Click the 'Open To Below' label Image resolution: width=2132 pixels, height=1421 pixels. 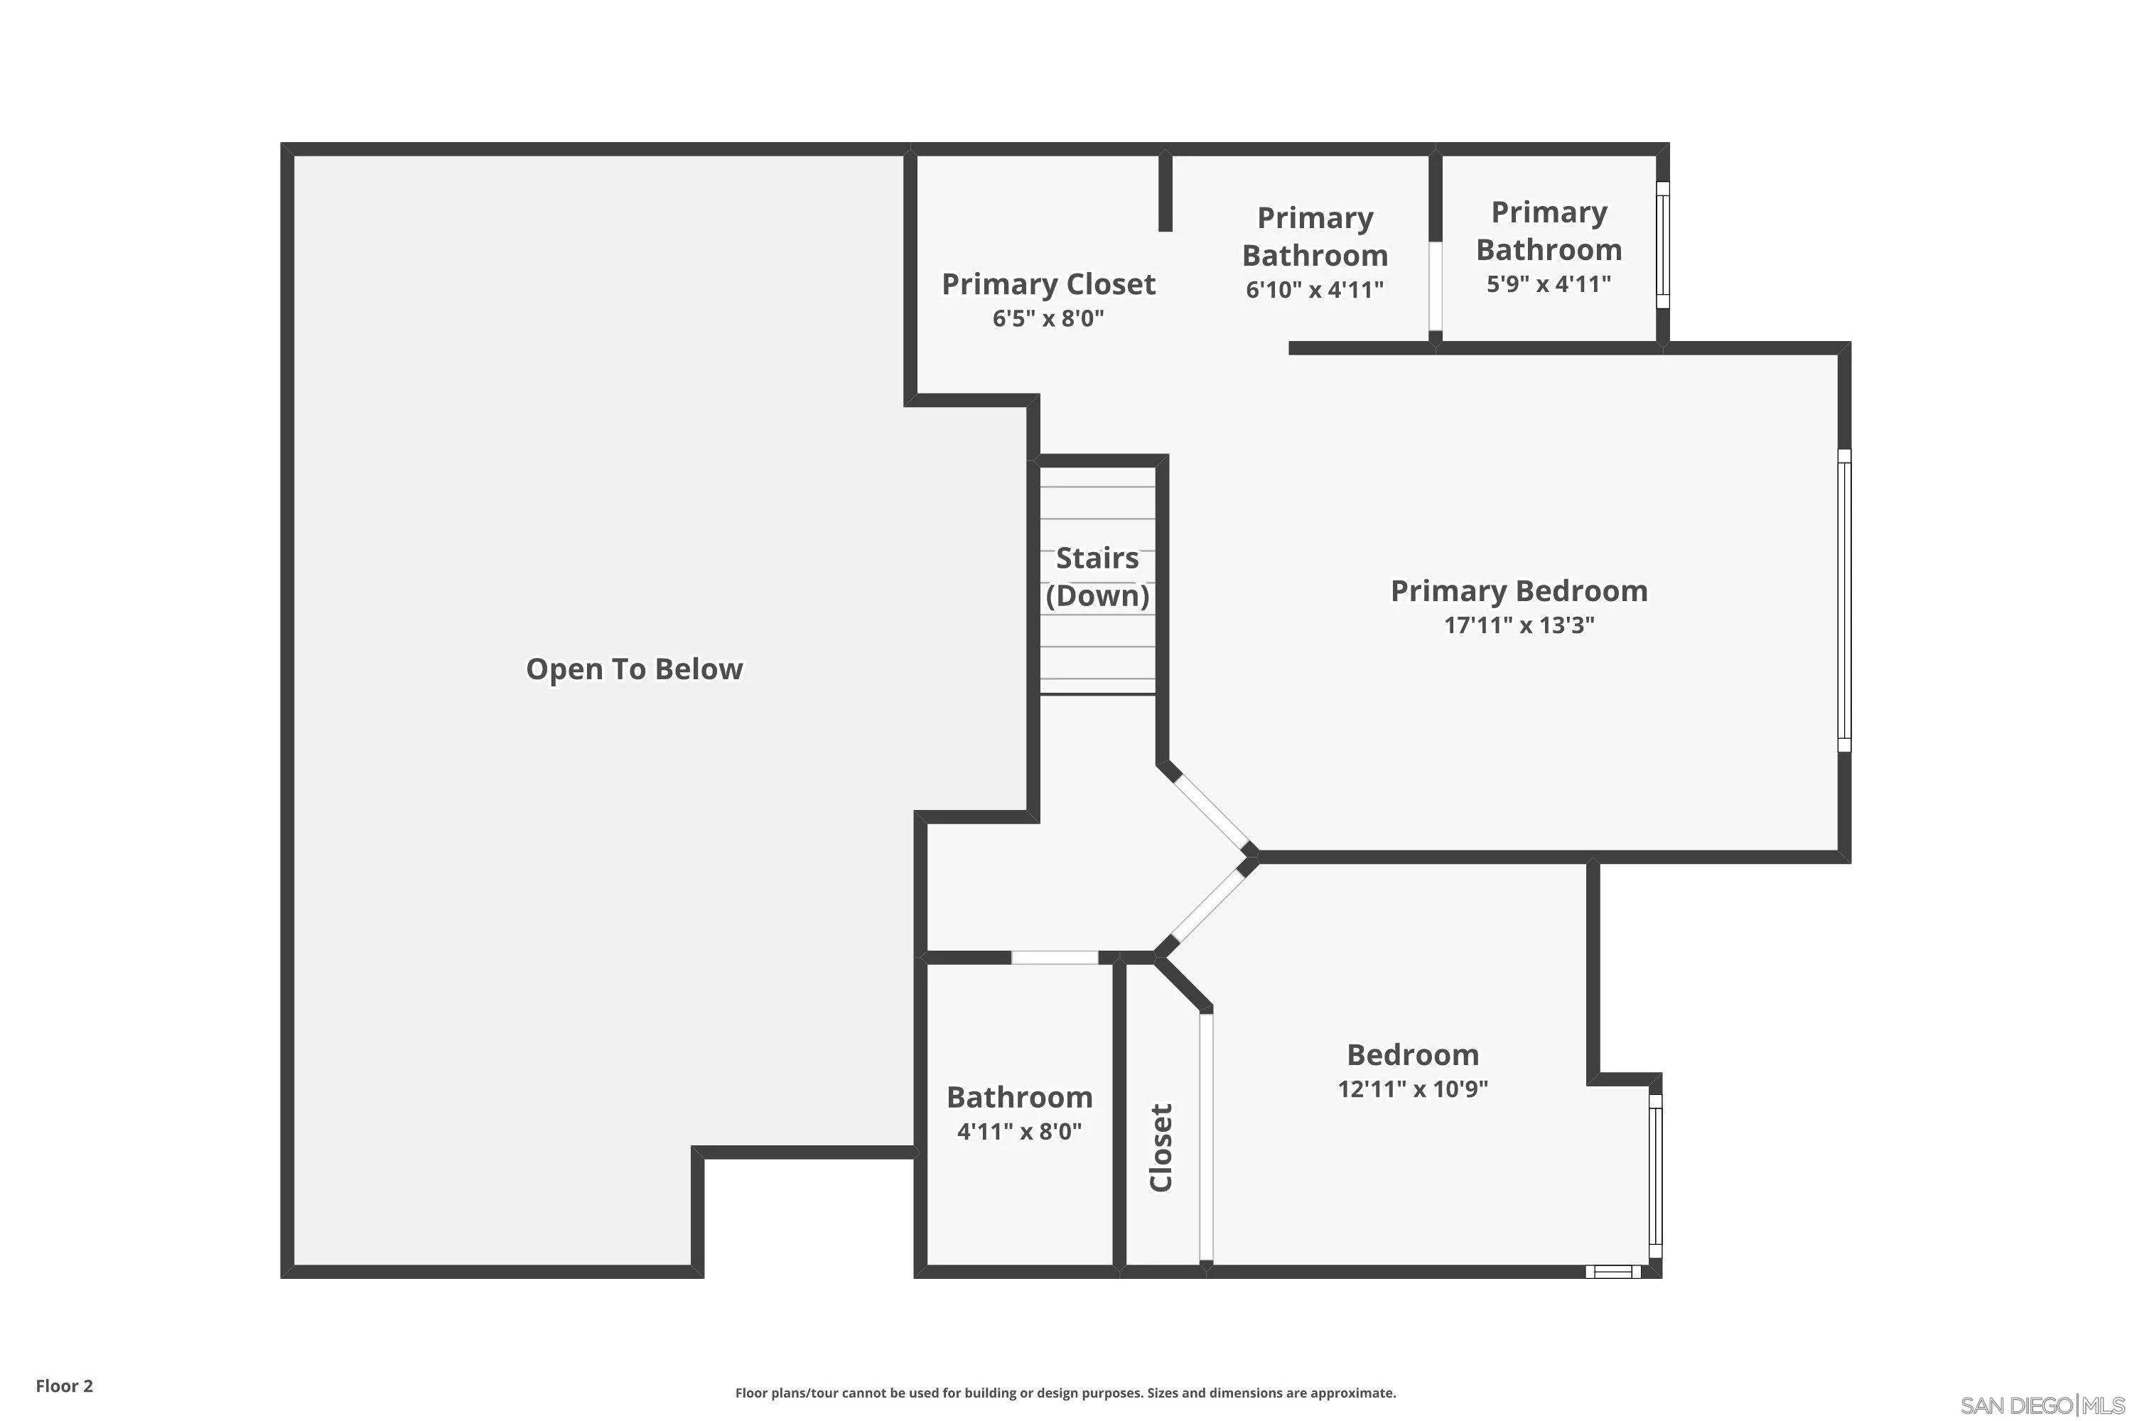pos(635,669)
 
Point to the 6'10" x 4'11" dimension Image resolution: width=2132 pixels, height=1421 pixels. pos(1314,289)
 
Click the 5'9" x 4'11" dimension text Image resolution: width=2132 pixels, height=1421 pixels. pos(1549,283)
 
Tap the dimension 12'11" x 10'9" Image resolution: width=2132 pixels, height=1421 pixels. pos(1412,1088)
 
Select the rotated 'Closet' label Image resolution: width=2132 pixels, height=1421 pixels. pos(1161,1147)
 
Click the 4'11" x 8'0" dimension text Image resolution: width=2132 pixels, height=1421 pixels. pos(1019,1131)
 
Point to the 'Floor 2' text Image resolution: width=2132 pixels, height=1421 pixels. pos(65,1385)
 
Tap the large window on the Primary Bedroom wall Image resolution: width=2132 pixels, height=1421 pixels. pos(1843,600)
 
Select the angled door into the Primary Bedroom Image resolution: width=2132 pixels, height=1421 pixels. pos(1210,809)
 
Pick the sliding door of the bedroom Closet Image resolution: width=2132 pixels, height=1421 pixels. pos(1205,1138)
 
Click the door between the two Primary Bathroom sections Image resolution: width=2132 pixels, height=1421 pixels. pos(1435,286)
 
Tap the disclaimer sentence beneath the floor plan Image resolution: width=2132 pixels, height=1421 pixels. pos(1065,1393)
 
